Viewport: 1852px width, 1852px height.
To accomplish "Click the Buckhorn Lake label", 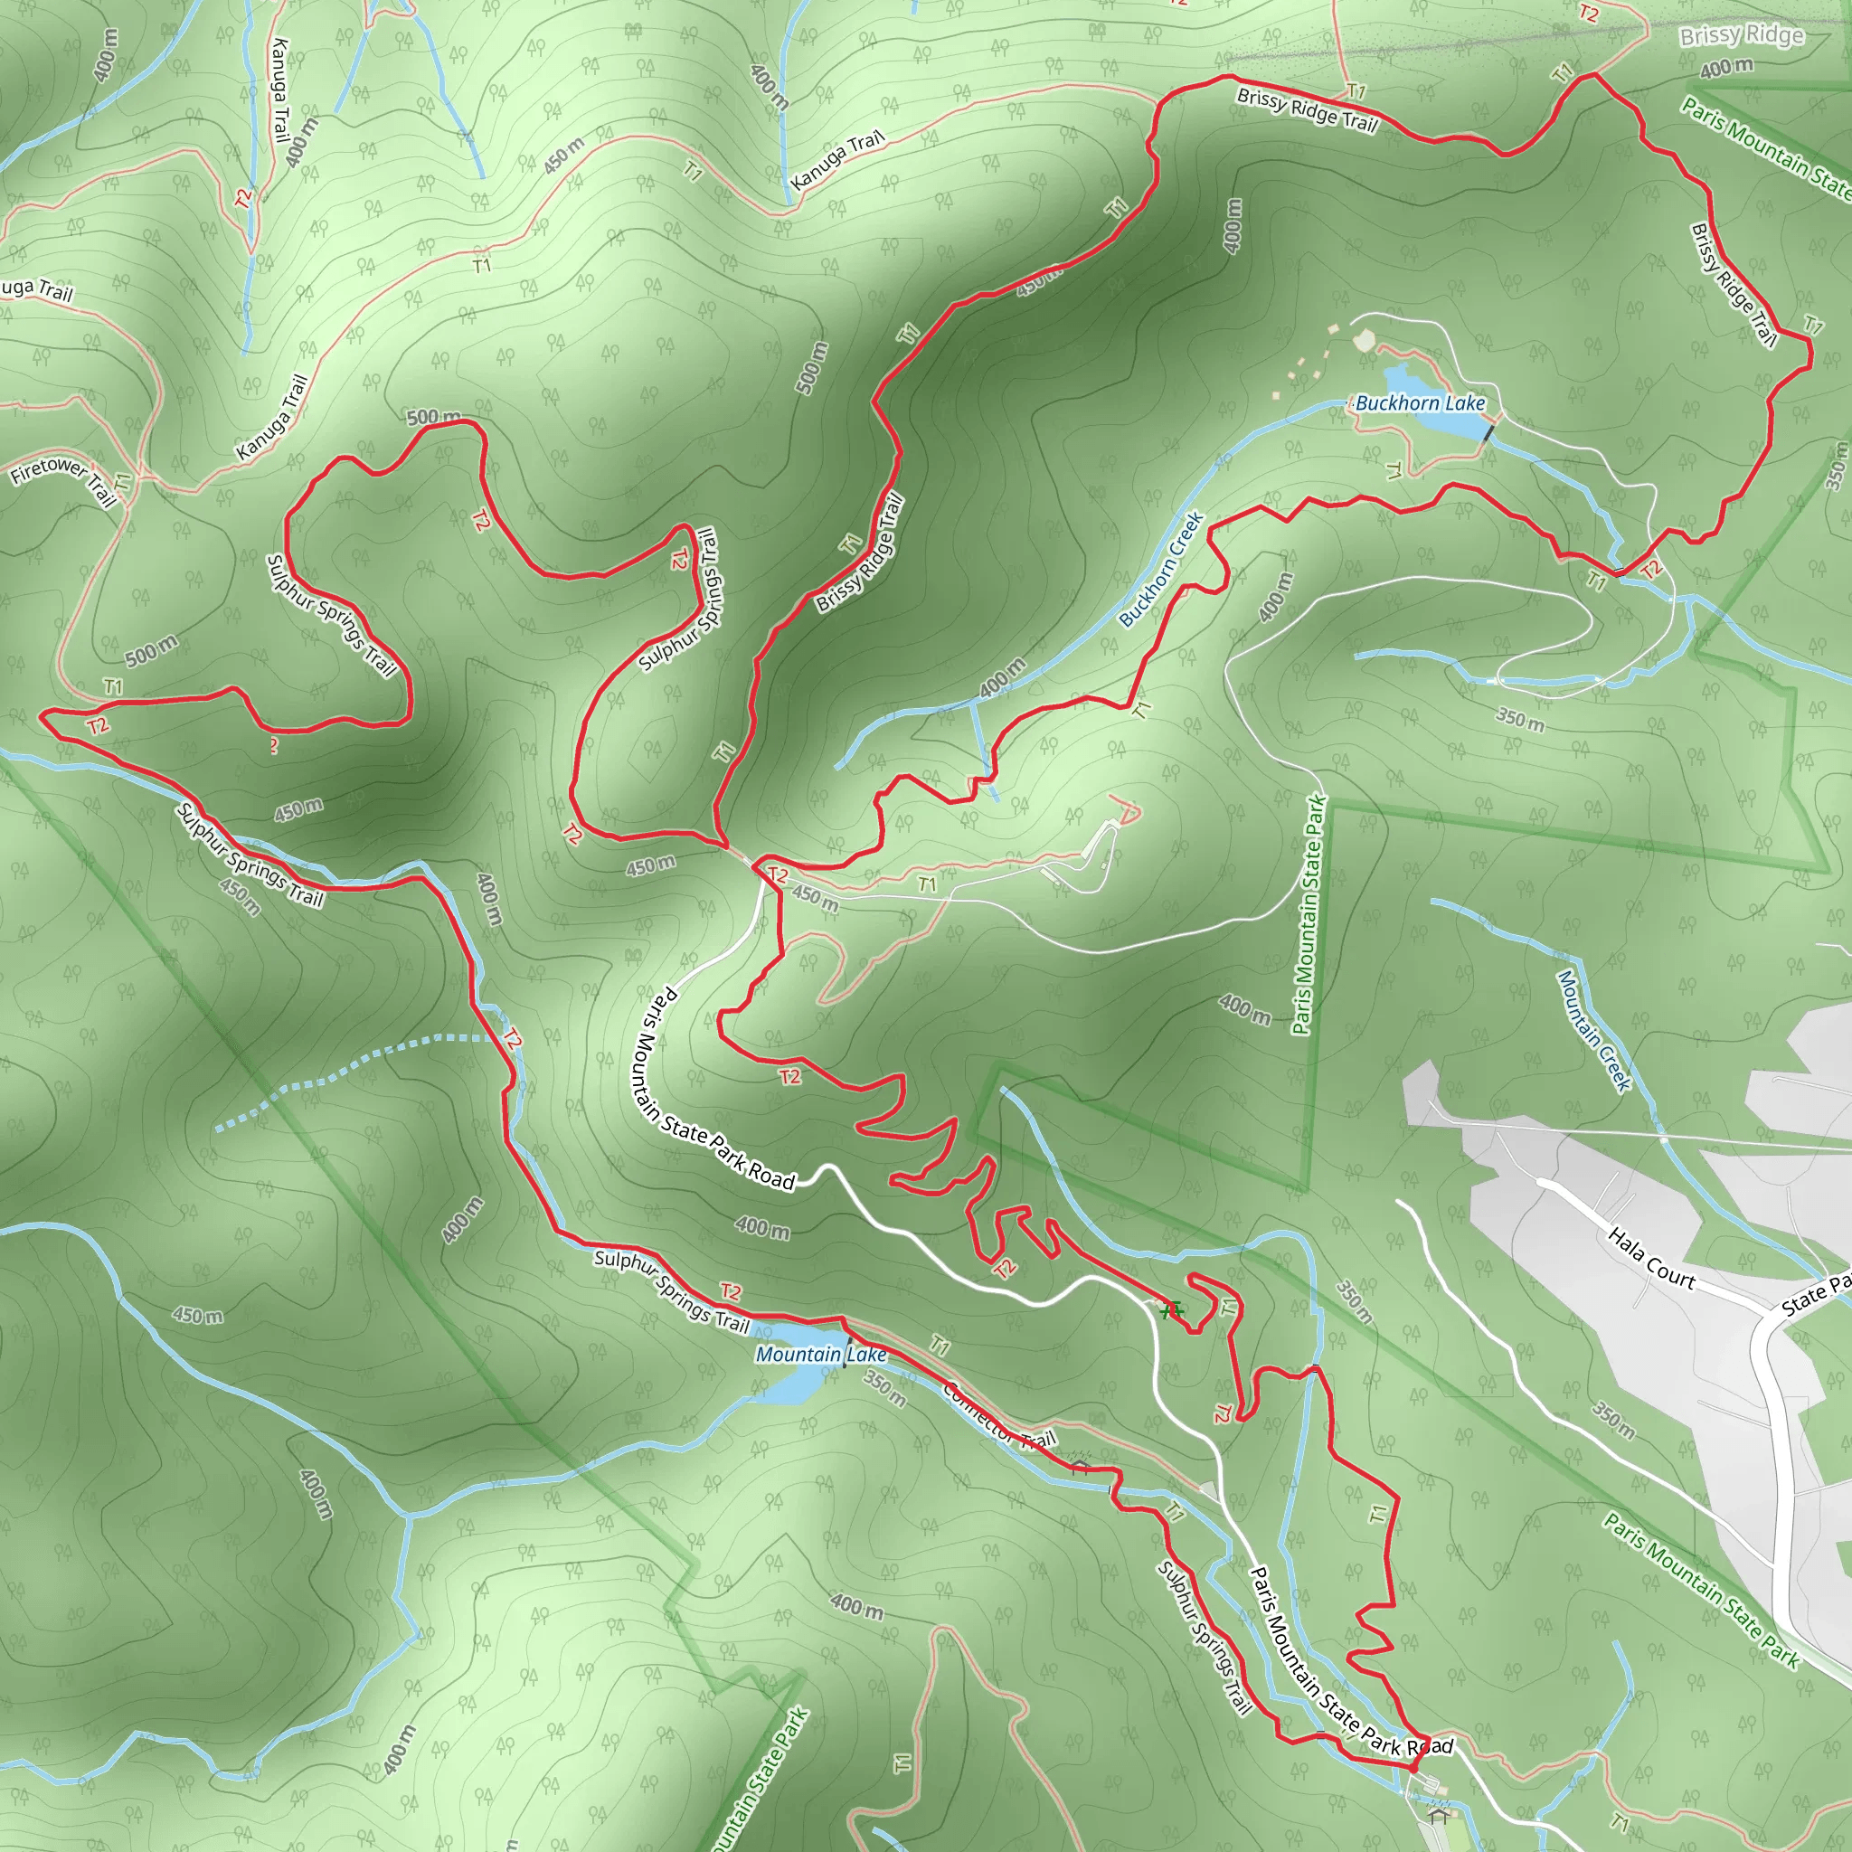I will coord(1420,403).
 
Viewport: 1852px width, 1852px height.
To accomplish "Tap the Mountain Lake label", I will coord(820,1355).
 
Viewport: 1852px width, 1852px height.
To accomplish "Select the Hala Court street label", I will coord(1650,1259).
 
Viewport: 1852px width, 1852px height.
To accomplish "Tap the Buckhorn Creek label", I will coord(1161,571).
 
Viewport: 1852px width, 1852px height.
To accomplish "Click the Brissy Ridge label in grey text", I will coord(1741,36).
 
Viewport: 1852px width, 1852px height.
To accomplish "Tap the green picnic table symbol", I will coord(1170,1310).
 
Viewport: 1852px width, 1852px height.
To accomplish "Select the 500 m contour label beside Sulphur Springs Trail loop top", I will coord(433,418).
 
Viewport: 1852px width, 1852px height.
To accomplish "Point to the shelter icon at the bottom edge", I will coord(1436,1815).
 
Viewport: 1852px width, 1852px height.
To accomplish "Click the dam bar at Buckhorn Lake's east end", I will coord(1488,434).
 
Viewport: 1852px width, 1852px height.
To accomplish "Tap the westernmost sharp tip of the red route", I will coord(43,714).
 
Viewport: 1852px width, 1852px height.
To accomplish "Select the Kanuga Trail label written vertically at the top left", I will coord(279,90).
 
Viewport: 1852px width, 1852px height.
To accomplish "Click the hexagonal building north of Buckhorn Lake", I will coord(1362,340).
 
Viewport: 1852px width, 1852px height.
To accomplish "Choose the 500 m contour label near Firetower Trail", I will coord(150,652).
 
